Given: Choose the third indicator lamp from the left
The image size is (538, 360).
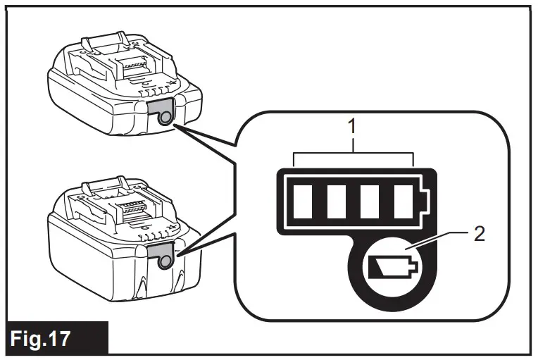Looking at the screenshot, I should tap(369, 199).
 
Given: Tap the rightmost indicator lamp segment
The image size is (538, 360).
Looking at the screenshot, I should tap(401, 199).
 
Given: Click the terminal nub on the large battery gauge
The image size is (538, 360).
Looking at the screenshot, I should tap(425, 199).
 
